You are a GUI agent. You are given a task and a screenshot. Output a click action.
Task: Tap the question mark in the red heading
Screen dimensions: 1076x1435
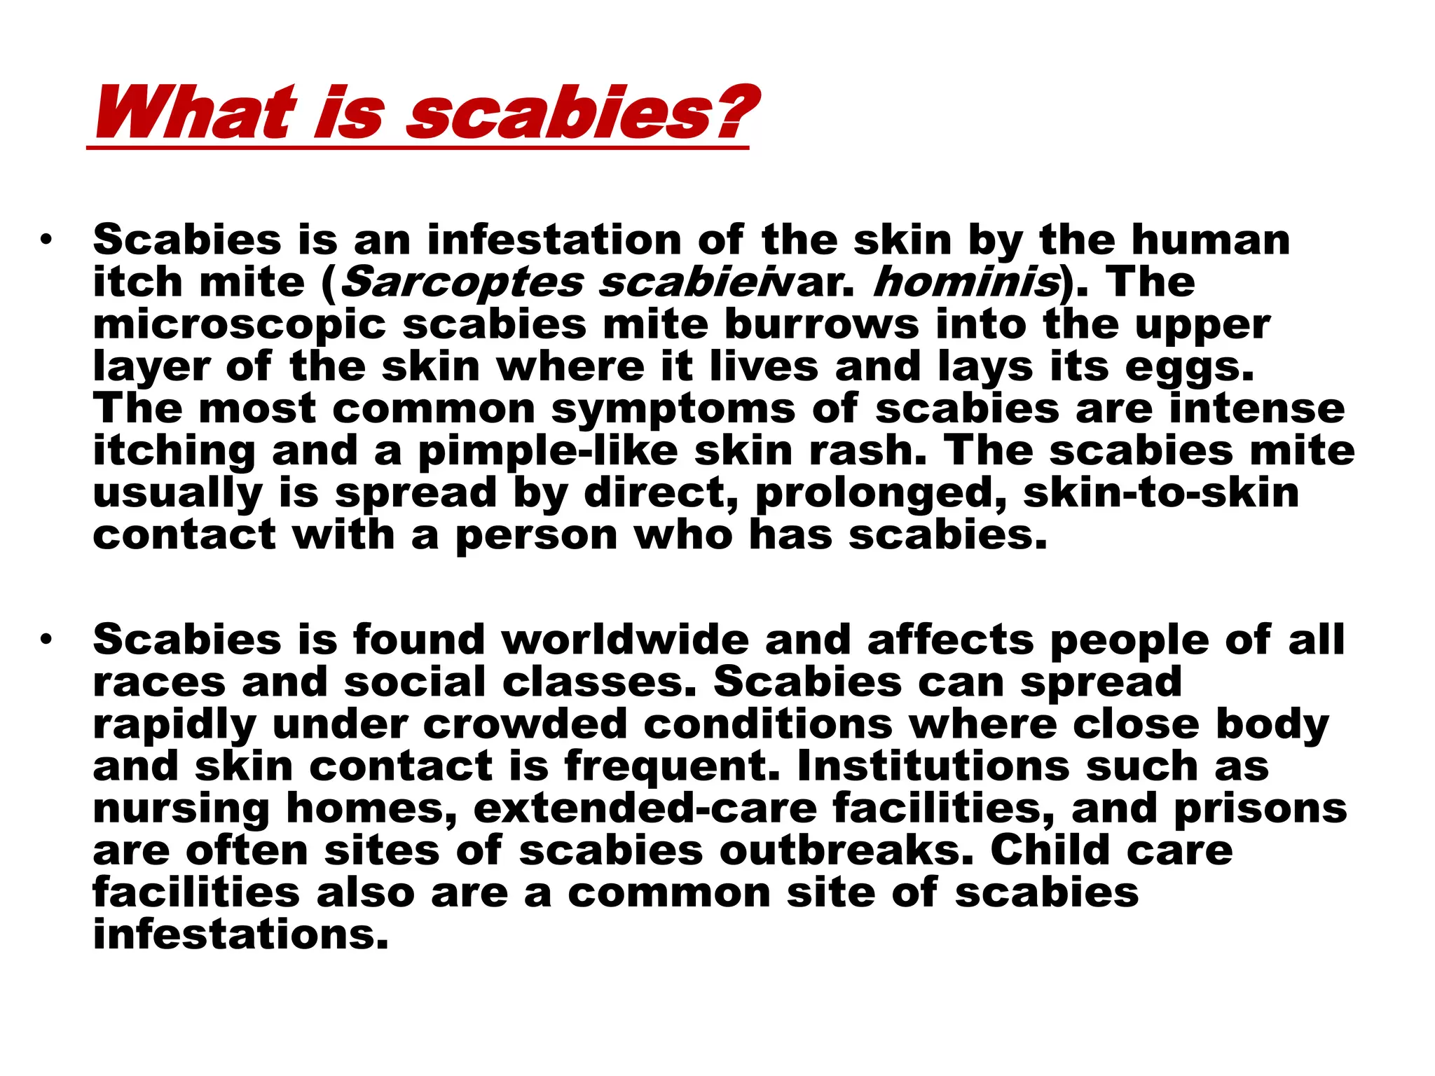tap(736, 112)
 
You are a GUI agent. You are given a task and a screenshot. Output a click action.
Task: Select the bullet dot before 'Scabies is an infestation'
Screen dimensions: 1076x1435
tap(46, 240)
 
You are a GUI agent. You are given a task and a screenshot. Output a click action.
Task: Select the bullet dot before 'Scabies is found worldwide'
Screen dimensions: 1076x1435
tap(46, 640)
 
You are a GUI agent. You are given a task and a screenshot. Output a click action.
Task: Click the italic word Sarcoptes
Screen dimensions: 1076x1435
tap(462, 282)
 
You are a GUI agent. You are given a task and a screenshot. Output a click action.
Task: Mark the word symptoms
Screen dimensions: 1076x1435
tap(673, 411)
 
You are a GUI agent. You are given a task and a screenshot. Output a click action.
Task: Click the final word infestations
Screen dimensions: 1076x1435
tap(240, 934)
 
